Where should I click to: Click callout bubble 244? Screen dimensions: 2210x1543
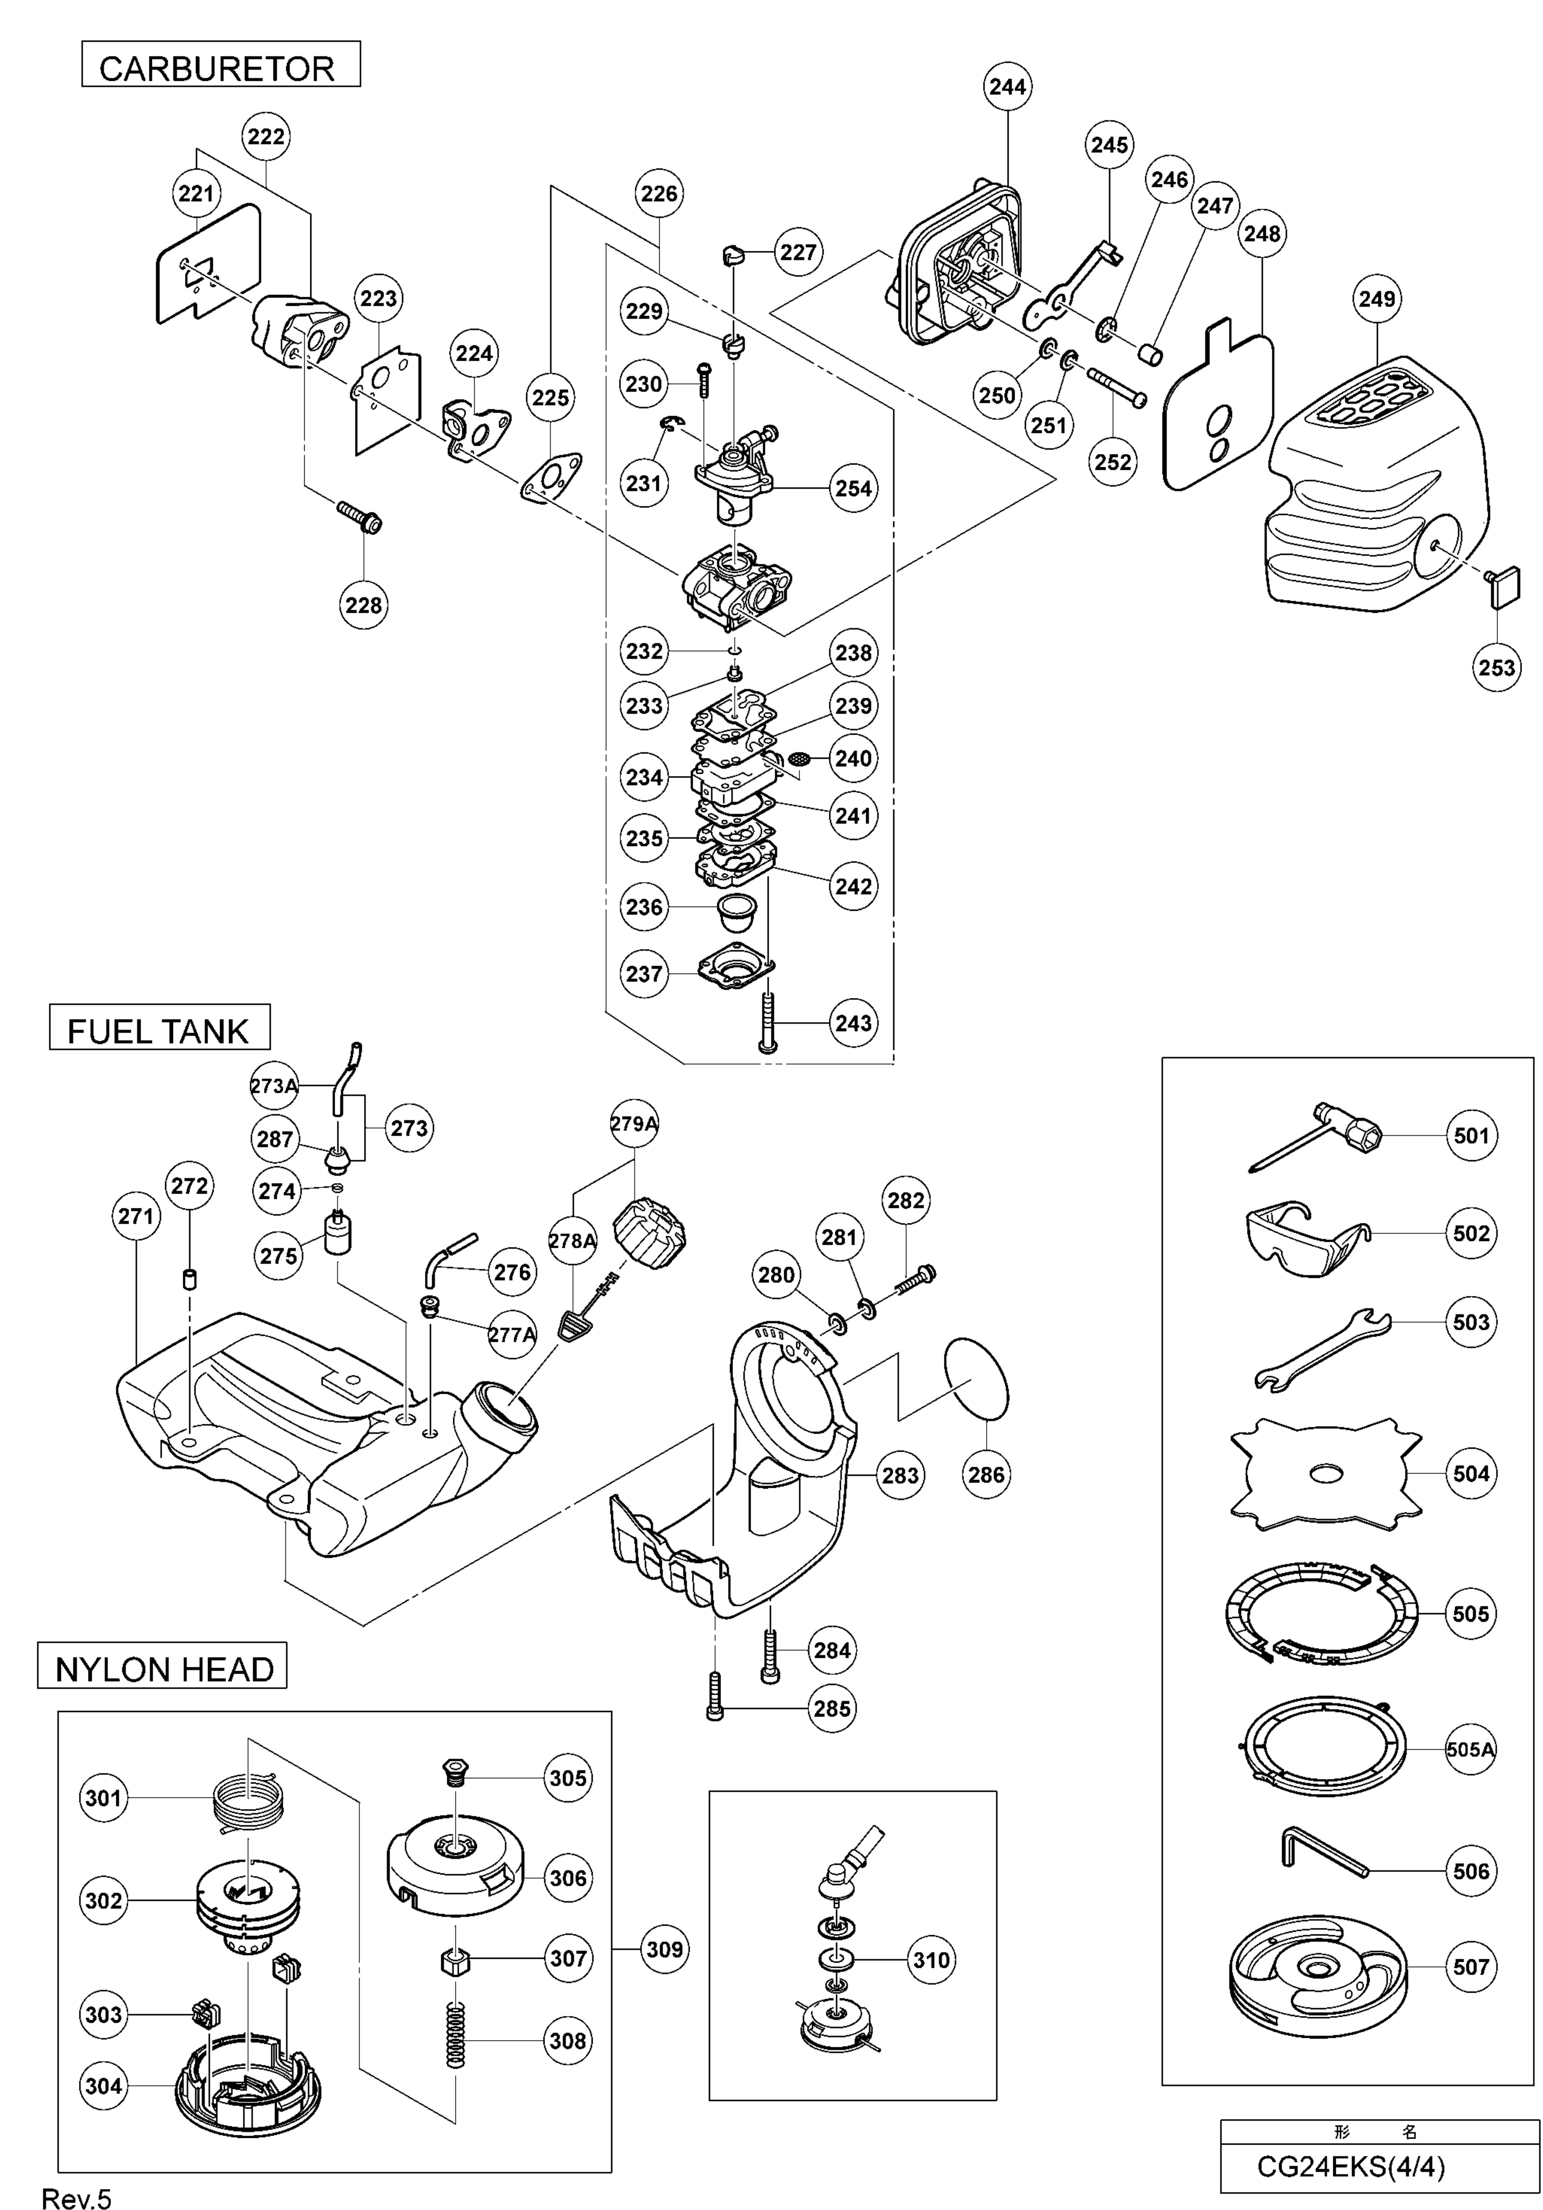click(x=1007, y=87)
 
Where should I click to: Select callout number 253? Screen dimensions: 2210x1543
click(x=1496, y=667)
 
